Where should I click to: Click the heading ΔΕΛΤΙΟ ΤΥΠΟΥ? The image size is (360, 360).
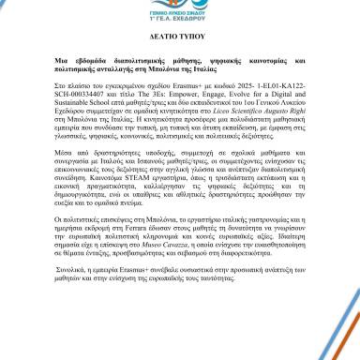coord(180,70)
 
